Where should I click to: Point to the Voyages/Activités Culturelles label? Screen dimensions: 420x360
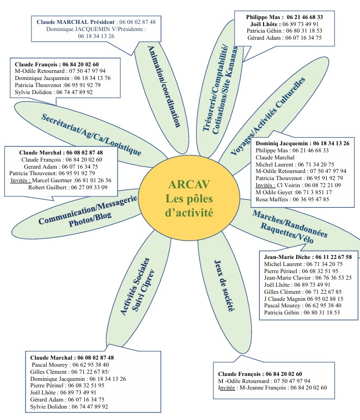(x=267, y=116)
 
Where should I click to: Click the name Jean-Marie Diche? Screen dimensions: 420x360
(x=284, y=257)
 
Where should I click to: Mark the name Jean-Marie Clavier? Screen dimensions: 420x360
(x=289, y=277)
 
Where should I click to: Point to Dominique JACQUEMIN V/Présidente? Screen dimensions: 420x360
(x=87, y=29)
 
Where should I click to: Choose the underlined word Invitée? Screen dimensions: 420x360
(x=228, y=388)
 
